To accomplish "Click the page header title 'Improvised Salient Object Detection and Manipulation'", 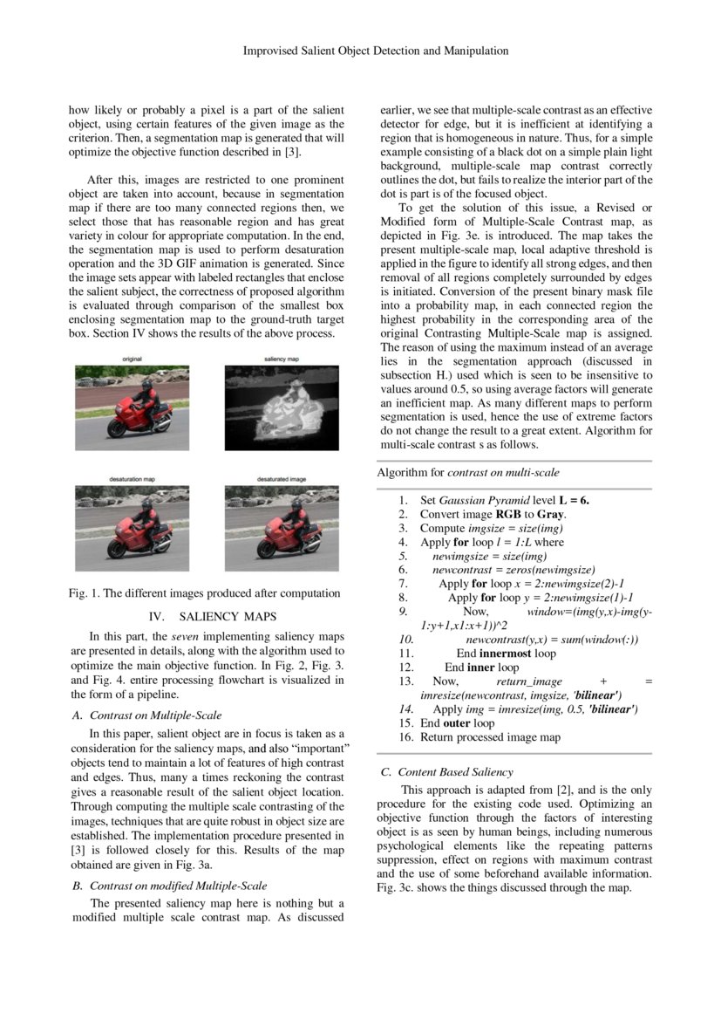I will (x=375, y=51).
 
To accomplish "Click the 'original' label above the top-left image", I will (x=132, y=359).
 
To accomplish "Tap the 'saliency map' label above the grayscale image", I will (x=282, y=359).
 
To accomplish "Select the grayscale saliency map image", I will (x=282, y=407).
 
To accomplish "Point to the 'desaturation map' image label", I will (x=132, y=479).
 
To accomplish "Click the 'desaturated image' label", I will (x=282, y=479).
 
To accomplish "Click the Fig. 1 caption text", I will (x=205, y=593).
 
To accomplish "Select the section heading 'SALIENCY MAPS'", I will (x=233, y=616).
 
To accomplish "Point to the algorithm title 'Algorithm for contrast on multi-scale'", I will (x=468, y=472).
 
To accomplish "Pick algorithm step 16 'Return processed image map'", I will (x=490, y=736).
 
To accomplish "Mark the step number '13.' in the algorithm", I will (x=405, y=681).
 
